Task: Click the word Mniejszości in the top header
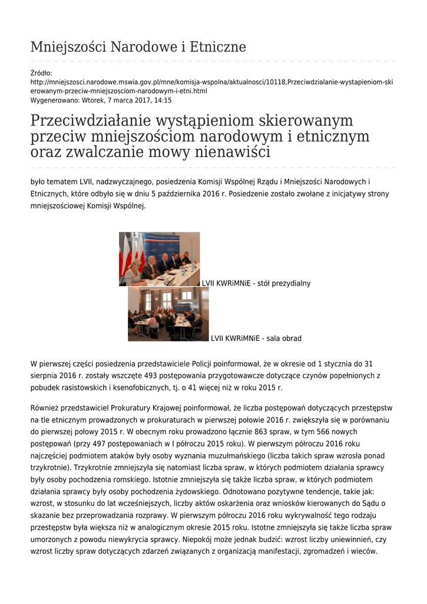pyautogui.click(x=65, y=47)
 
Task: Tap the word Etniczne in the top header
pyautogui.click(x=217, y=47)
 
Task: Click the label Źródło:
pyautogui.click(x=41, y=73)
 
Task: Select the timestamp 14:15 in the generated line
pyautogui.click(x=162, y=100)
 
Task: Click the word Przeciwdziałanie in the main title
pyautogui.click(x=89, y=121)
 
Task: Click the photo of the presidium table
pyautogui.click(x=159, y=259)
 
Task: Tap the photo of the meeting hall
pyautogui.click(x=168, y=314)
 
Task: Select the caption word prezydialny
pyautogui.click(x=290, y=284)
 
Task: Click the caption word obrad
pyautogui.click(x=292, y=339)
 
